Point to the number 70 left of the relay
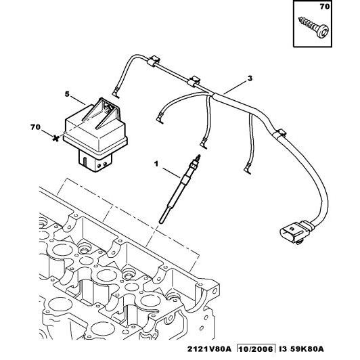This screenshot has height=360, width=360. [x=35, y=126]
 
